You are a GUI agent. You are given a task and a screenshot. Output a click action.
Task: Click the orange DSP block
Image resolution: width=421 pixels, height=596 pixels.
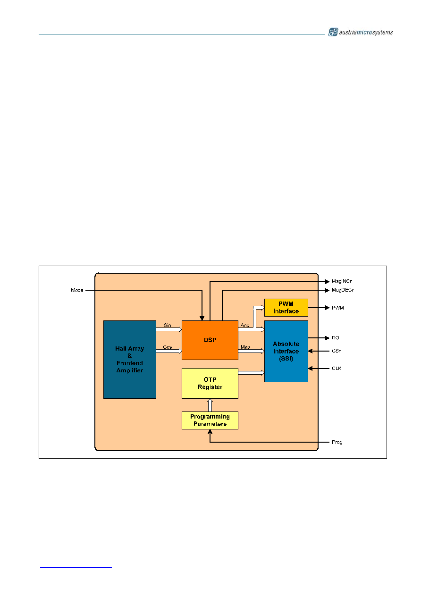[x=210, y=340]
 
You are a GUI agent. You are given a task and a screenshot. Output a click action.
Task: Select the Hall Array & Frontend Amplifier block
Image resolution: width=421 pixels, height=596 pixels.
[x=130, y=359]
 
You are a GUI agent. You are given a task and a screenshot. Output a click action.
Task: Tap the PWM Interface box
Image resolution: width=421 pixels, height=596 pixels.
[x=286, y=307]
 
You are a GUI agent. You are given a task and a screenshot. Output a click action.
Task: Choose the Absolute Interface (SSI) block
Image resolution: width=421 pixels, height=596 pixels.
[x=286, y=351]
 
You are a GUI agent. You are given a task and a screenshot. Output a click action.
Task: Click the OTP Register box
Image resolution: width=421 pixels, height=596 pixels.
[x=210, y=383]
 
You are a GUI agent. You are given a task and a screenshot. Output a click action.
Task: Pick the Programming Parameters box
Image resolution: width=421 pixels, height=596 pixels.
[x=210, y=420]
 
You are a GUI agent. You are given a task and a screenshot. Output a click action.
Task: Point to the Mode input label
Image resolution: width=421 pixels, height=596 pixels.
[x=77, y=290]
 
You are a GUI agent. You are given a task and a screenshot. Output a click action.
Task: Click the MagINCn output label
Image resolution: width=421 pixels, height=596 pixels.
[x=342, y=281]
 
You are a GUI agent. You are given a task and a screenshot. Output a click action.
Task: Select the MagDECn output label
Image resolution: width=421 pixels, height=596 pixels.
[x=343, y=290]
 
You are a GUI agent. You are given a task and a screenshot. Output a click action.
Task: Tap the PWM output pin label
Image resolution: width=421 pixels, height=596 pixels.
[x=338, y=308]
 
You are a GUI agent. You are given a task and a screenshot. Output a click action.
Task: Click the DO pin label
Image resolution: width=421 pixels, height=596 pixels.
[x=335, y=338]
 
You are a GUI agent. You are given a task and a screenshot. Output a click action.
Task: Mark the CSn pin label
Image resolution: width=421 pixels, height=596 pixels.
[x=337, y=351]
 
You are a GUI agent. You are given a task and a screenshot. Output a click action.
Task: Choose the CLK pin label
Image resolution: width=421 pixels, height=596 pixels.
[x=337, y=368]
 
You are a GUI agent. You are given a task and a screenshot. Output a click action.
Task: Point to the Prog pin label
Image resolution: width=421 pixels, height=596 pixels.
[x=337, y=442]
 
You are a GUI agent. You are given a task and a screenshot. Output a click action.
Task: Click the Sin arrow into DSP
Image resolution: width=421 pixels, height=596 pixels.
[x=169, y=329]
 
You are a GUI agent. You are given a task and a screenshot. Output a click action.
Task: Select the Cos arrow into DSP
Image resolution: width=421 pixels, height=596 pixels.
[x=169, y=351]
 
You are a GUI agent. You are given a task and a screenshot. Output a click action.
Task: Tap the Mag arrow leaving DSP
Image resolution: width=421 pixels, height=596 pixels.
[x=251, y=351]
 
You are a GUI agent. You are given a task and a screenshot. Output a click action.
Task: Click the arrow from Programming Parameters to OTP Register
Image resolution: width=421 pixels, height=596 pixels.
[x=210, y=405]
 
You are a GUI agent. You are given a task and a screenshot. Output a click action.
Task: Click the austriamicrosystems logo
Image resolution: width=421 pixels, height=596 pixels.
[x=361, y=32]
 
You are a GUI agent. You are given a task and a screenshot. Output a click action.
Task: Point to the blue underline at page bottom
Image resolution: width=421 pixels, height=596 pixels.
[x=76, y=568]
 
